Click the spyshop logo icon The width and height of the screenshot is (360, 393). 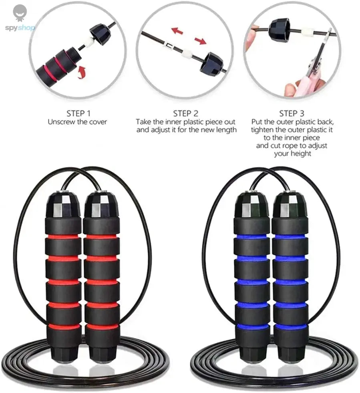(20, 13)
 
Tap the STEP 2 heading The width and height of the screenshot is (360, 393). (185, 113)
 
